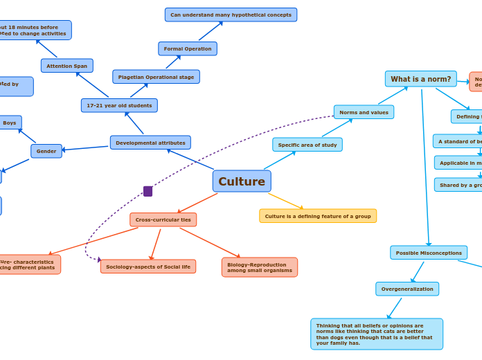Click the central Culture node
click(x=242, y=181)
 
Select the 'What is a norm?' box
click(x=420, y=79)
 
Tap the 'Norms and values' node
click(x=364, y=112)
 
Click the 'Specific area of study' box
click(x=307, y=145)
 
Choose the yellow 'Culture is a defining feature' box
click(x=318, y=216)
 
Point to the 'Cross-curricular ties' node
click(x=163, y=219)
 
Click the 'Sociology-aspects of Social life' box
click(x=148, y=267)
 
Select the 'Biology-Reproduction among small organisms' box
click(x=260, y=267)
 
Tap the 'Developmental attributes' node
click(x=150, y=143)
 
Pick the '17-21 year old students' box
click(x=119, y=105)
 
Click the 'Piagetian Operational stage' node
click(x=156, y=77)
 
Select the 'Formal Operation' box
click(x=188, y=48)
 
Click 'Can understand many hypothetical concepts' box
click(x=231, y=15)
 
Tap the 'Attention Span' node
click(x=66, y=66)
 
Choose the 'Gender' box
click(x=46, y=151)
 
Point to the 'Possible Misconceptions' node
click(x=429, y=253)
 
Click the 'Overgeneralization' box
click(x=407, y=289)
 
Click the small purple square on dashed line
click(x=148, y=191)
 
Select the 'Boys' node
click(x=10, y=123)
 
